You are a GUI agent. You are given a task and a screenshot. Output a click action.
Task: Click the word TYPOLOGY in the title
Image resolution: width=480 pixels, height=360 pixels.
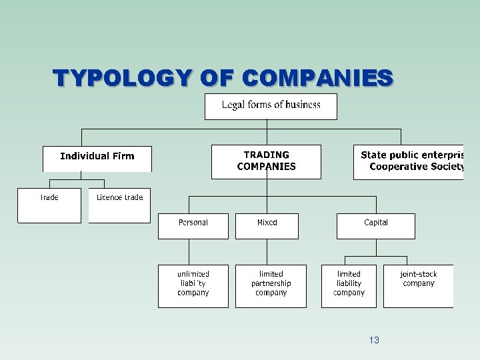(123, 79)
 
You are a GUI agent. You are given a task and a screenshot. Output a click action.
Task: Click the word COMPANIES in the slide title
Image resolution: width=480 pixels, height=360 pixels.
(317, 79)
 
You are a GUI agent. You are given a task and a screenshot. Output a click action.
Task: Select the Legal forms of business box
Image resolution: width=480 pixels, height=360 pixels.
(271, 106)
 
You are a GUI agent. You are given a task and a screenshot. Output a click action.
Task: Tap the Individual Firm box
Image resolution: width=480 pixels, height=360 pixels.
(97, 158)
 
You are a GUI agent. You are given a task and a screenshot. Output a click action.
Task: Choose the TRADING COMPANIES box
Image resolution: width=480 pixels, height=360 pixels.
(266, 161)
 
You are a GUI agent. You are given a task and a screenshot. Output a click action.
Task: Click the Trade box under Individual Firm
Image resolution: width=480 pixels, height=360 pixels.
(49, 205)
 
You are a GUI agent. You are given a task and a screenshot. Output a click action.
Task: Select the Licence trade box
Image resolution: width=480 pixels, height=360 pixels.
(119, 205)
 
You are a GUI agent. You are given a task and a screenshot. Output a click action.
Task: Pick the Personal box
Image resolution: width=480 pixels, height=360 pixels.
(193, 225)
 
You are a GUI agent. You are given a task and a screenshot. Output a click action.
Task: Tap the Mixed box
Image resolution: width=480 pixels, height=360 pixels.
(267, 225)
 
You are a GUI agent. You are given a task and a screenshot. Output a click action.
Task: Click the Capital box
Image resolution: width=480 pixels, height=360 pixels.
(375, 225)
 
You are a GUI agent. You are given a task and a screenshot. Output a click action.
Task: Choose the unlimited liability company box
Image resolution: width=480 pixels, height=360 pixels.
(193, 285)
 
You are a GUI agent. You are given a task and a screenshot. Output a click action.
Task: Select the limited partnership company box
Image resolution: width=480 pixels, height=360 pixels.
(271, 285)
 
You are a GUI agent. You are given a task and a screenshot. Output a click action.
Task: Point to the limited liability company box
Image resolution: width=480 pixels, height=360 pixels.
(349, 285)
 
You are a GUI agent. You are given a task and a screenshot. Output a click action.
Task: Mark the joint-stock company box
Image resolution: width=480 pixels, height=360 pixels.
(418, 285)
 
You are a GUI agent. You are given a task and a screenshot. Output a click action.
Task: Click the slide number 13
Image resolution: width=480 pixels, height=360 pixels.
(374, 340)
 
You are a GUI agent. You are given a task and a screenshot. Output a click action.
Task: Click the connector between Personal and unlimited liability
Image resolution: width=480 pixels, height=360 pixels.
(189, 251)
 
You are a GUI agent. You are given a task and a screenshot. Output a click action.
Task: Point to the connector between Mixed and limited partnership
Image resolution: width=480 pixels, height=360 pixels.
(267, 251)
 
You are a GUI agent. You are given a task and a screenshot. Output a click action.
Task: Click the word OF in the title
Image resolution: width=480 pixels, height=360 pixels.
(217, 79)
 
